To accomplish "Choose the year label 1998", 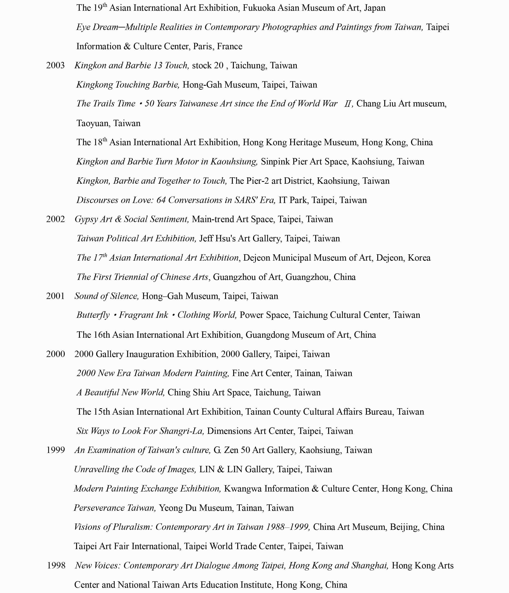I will (x=56, y=565).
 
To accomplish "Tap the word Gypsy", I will (x=83, y=219).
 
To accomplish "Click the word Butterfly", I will (x=93, y=315).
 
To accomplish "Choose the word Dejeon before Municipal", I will (x=256, y=258).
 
